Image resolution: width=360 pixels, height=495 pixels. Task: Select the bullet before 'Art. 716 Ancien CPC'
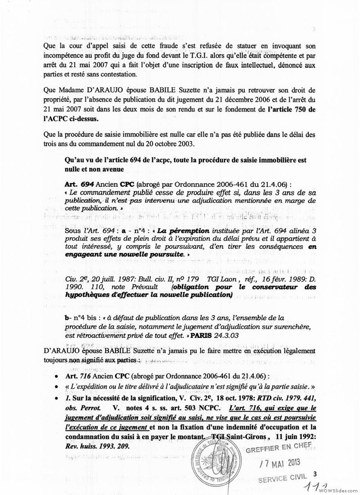55,376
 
